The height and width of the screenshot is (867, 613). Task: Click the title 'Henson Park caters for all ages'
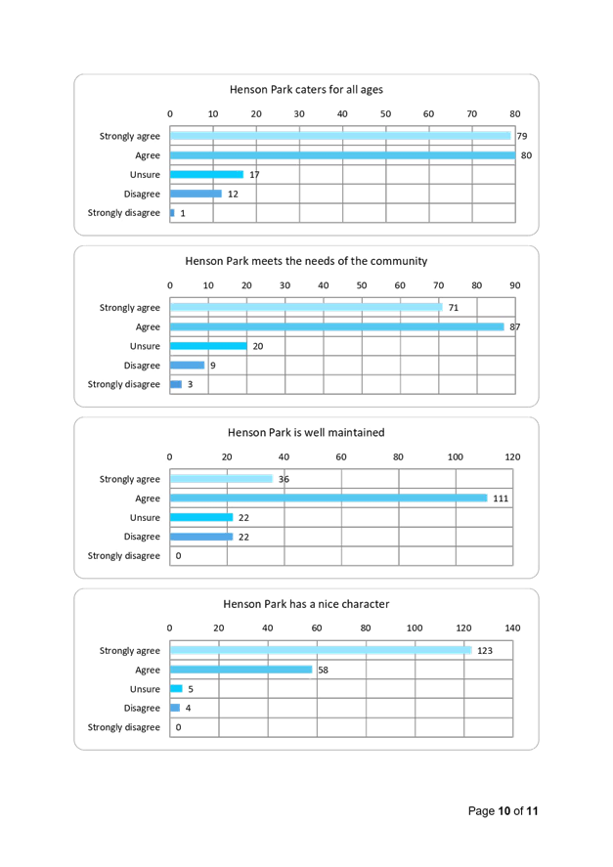(x=305, y=90)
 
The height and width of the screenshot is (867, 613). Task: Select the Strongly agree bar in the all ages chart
(x=341, y=136)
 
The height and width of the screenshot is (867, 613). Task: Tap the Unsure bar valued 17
(x=207, y=175)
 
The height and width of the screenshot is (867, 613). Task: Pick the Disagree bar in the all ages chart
(x=197, y=194)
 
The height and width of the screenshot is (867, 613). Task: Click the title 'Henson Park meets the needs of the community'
(x=306, y=261)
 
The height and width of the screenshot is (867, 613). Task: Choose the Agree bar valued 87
(x=337, y=326)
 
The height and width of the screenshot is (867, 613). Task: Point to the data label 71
(x=453, y=308)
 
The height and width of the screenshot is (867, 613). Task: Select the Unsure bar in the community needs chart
(x=208, y=346)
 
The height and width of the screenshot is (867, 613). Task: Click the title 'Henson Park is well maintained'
(x=305, y=432)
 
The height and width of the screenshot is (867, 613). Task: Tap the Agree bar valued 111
(x=329, y=499)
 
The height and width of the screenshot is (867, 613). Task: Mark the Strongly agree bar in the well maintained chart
(x=222, y=479)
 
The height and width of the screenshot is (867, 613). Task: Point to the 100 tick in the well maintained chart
(x=455, y=456)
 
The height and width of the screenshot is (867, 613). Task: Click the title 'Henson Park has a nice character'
(x=306, y=604)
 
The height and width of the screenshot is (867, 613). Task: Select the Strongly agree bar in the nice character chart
(x=321, y=650)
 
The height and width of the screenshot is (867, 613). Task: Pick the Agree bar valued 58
(x=241, y=670)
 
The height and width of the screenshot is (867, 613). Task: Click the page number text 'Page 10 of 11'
(x=504, y=811)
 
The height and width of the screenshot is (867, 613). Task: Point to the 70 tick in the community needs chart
(x=438, y=285)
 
